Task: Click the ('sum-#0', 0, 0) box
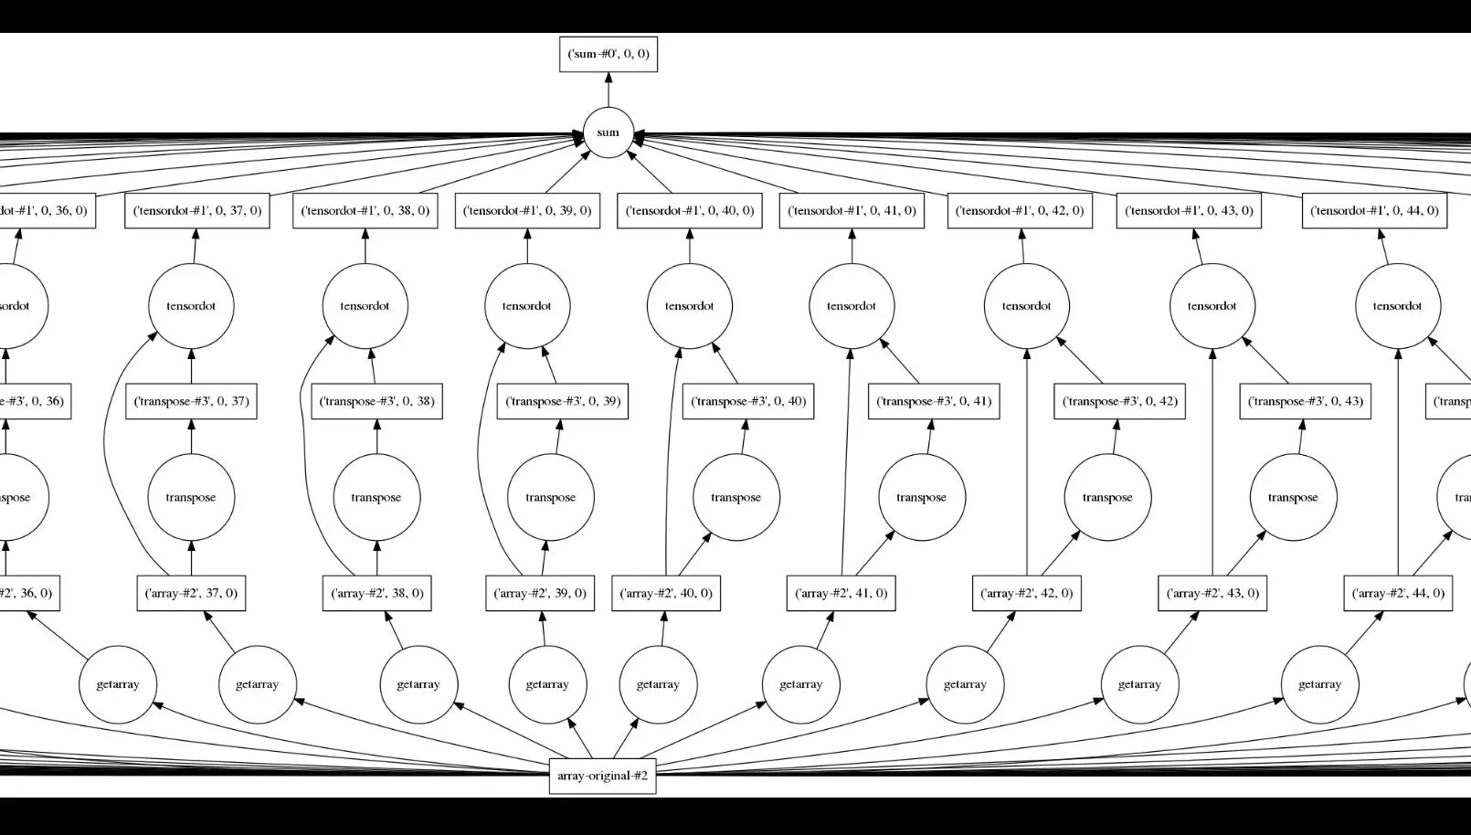coord(609,54)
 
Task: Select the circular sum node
coord(609,132)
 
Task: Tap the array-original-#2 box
coord(602,776)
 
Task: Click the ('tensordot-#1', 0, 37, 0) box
coord(197,211)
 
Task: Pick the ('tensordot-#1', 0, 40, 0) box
coord(690,211)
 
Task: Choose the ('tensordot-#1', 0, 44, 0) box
coord(1374,211)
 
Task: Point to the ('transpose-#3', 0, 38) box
coord(376,401)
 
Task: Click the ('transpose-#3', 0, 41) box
coord(934,401)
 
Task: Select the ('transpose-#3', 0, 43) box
coord(1305,401)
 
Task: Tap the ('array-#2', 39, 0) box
coord(540,593)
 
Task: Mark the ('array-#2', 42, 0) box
coord(1027,593)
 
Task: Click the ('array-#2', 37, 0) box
coord(191,593)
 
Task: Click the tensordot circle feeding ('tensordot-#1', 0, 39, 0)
coord(527,306)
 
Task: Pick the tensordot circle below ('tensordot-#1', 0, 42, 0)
coord(1027,306)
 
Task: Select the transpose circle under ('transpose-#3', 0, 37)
coord(191,498)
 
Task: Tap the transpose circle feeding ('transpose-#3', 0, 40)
coord(736,498)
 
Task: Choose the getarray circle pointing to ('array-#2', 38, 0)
coord(418,684)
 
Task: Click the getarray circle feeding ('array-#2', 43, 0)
coord(1139,684)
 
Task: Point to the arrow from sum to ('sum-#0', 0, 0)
coord(609,90)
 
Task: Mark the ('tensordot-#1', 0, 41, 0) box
coord(852,211)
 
